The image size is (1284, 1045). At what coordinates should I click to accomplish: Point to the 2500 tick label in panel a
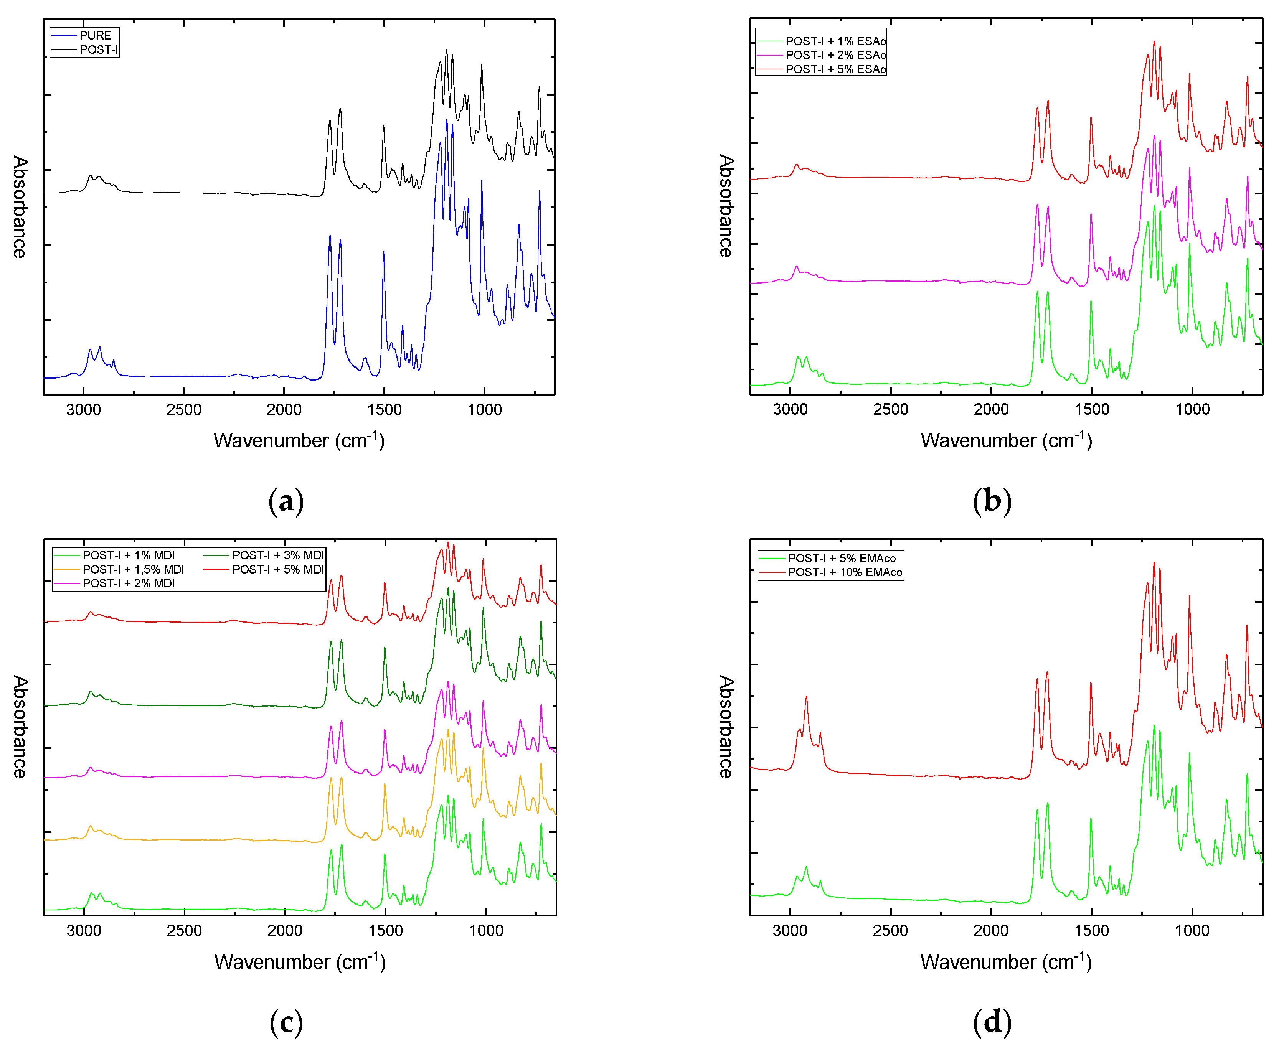coord(183,410)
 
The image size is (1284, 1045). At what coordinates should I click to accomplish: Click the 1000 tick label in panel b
coord(1192,409)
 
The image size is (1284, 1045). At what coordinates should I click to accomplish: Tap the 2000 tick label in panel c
coord(285,931)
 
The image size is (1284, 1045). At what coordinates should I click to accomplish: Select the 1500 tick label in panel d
coord(1091,931)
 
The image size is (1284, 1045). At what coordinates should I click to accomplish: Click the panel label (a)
coord(286,501)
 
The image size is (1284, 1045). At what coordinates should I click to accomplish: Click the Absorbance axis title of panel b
coord(726,206)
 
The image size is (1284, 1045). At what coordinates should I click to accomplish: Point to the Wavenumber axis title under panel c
coord(300,961)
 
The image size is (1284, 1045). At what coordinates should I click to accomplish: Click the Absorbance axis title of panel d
coord(726,727)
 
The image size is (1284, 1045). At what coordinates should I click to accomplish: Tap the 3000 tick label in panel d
coord(790,931)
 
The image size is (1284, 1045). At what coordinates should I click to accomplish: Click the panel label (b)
coord(992,501)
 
